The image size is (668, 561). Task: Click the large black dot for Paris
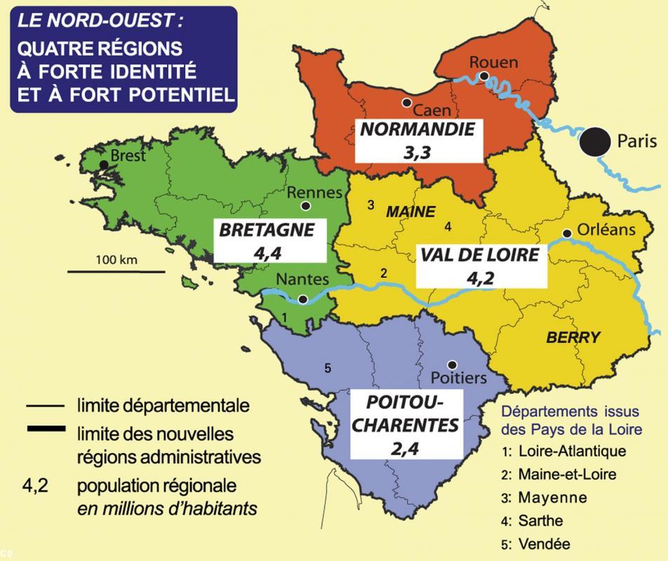(x=594, y=142)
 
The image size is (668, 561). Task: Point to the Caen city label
(x=432, y=110)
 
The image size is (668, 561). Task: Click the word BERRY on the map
(x=573, y=337)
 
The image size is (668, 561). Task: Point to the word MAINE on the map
(x=411, y=211)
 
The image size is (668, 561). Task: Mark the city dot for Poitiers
(x=452, y=364)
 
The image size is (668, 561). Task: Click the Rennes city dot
(x=305, y=206)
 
